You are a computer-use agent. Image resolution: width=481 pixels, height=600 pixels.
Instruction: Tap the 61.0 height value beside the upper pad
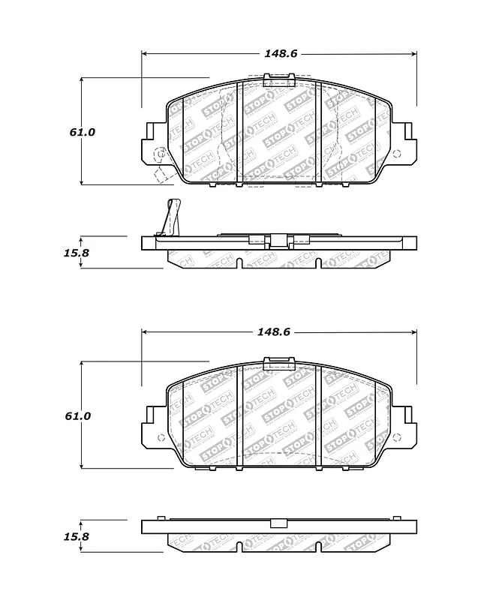pyautogui.click(x=83, y=132)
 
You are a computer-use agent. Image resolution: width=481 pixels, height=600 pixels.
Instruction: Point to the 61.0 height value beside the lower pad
pyautogui.click(x=83, y=415)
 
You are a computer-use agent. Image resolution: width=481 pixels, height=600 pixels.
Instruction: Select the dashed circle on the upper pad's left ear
pyautogui.click(x=160, y=155)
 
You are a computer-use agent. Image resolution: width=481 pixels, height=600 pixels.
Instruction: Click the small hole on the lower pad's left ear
pyautogui.click(x=160, y=439)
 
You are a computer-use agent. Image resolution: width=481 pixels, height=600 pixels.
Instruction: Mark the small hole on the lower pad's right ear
pyautogui.click(x=398, y=439)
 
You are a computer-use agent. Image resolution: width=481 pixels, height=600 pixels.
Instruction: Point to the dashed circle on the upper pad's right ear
pyautogui.click(x=398, y=155)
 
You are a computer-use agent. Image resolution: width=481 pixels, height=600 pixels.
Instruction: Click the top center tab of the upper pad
pyautogui.click(x=278, y=78)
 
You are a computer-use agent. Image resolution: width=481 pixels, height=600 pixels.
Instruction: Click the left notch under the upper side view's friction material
pyautogui.click(x=237, y=263)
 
